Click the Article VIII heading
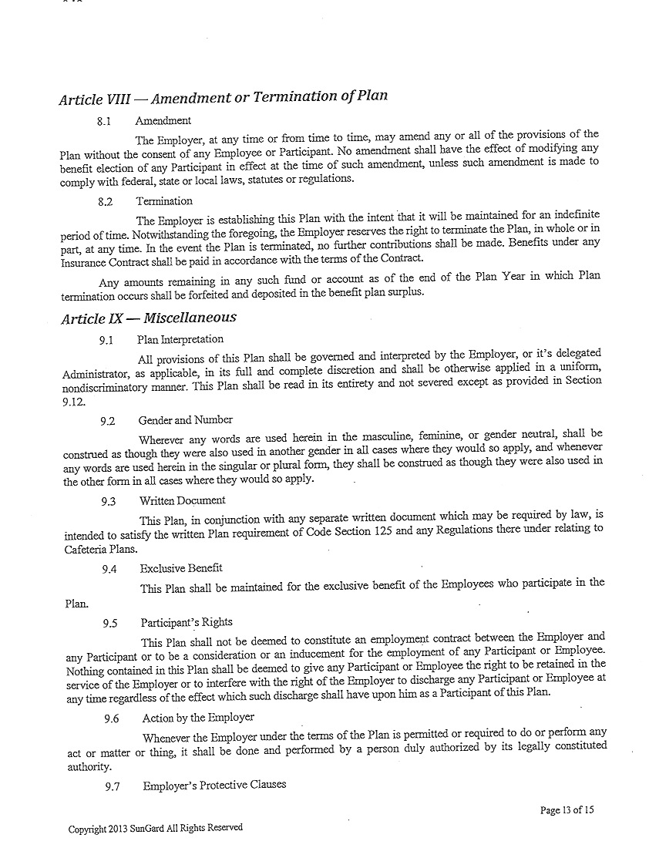pyautogui.click(x=223, y=98)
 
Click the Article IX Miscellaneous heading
pyautogui.click(x=147, y=318)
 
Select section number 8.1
pyautogui.click(x=104, y=121)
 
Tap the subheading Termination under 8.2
pyautogui.click(x=164, y=201)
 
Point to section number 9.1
pyautogui.click(x=106, y=339)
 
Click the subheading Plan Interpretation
pyautogui.click(x=180, y=339)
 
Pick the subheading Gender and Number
pyautogui.click(x=185, y=420)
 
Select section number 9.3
pyautogui.click(x=108, y=501)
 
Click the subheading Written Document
pyautogui.click(x=182, y=501)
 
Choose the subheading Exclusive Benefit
pyautogui.click(x=181, y=568)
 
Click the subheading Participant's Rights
pyautogui.click(x=186, y=622)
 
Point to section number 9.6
pyautogui.click(x=112, y=718)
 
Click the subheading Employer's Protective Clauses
pyautogui.click(x=214, y=785)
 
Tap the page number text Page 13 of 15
pyautogui.click(x=567, y=810)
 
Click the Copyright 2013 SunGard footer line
pyautogui.click(x=155, y=828)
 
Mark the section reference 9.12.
pyautogui.click(x=74, y=402)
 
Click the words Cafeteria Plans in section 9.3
pyautogui.click(x=99, y=549)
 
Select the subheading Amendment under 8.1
pyautogui.click(x=163, y=121)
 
